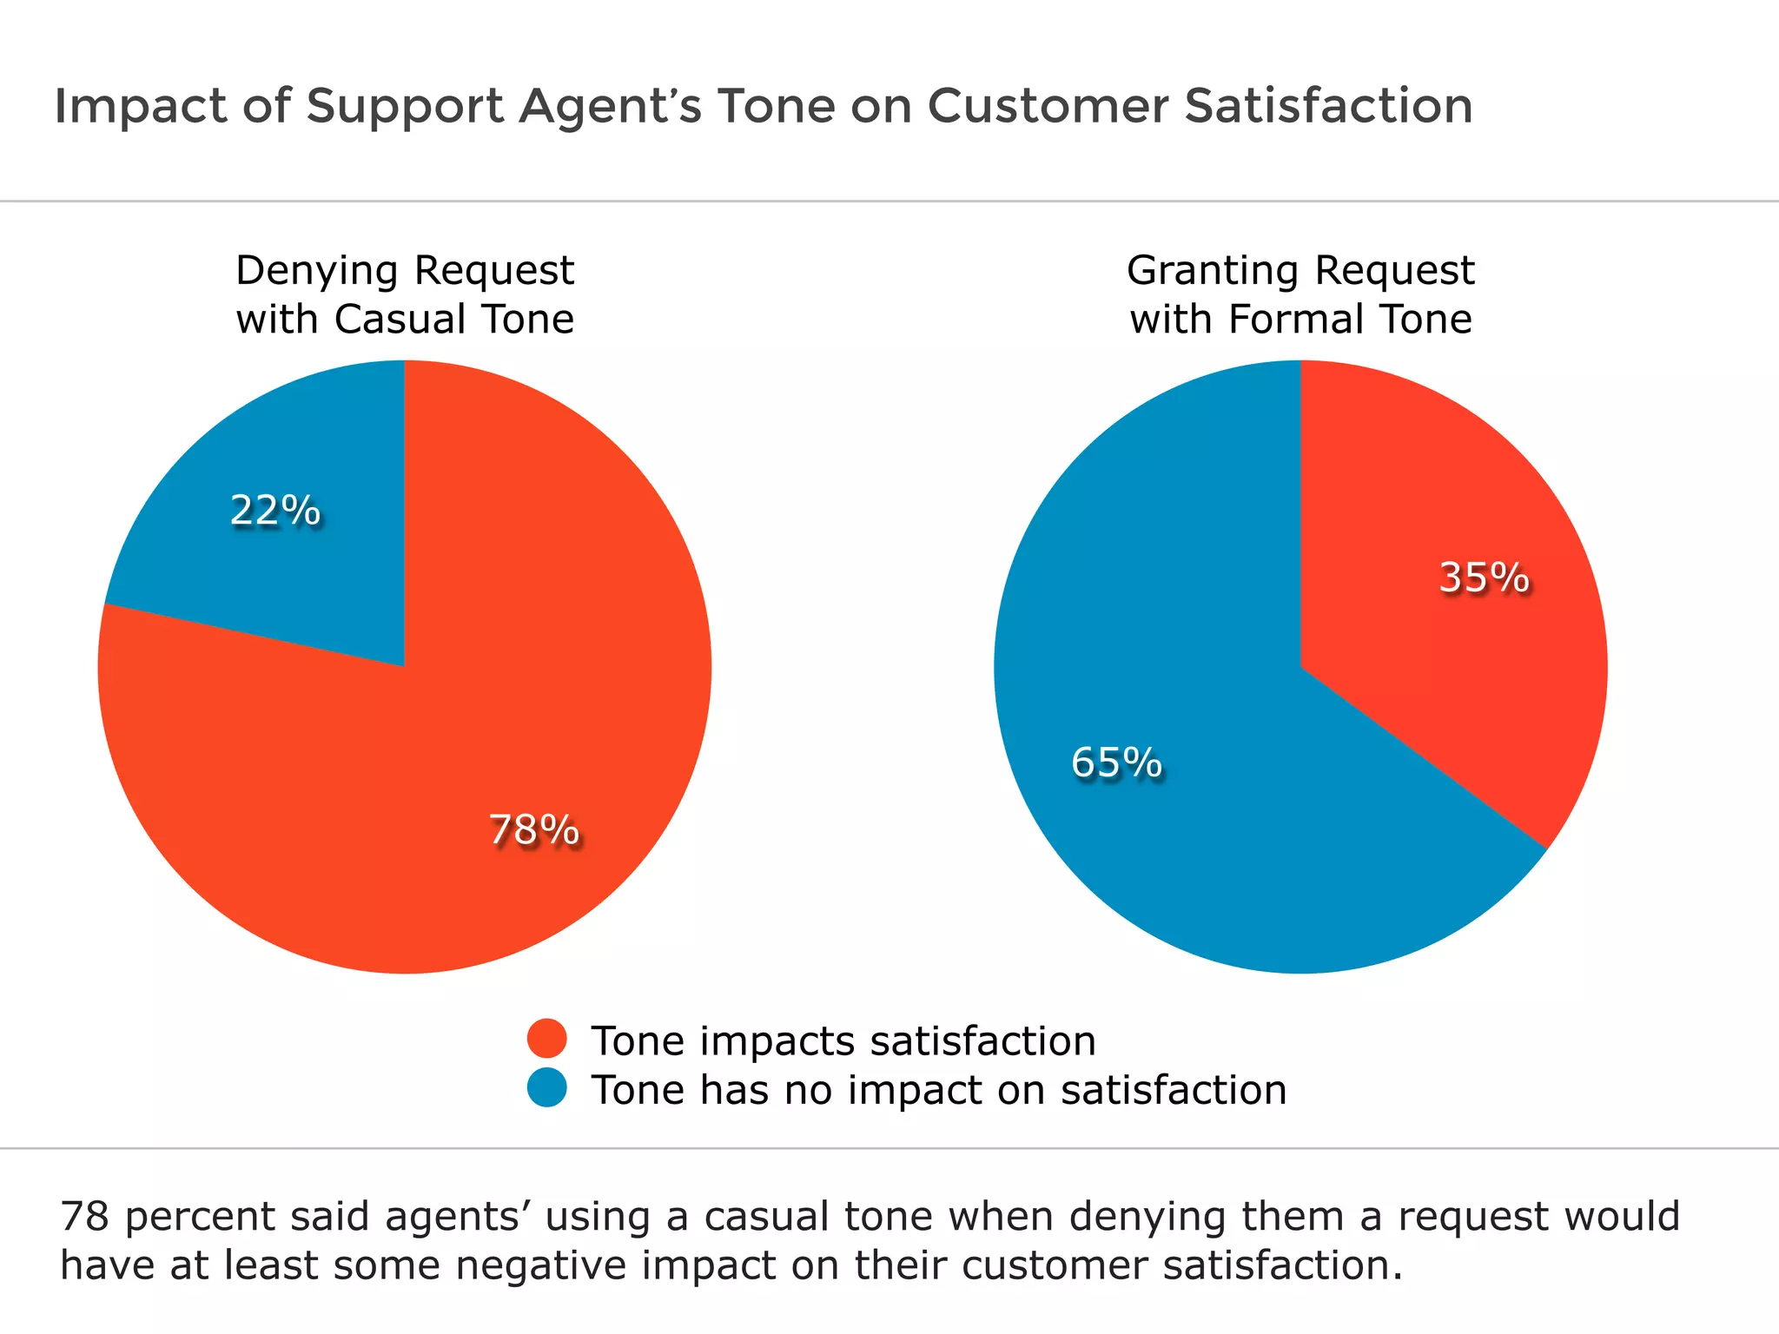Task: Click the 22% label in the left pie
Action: click(x=275, y=511)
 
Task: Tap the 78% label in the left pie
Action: click(x=533, y=830)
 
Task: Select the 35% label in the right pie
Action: click(x=1484, y=578)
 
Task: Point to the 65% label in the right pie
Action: click(x=1116, y=763)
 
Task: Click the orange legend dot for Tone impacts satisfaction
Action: click(x=547, y=1038)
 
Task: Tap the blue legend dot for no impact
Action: click(x=547, y=1087)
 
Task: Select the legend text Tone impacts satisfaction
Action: click(x=843, y=1040)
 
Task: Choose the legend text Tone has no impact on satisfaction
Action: click(x=938, y=1090)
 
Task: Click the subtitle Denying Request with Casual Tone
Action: click(x=405, y=294)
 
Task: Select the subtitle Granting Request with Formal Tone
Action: click(x=1300, y=294)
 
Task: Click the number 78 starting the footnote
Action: click(x=84, y=1217)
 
